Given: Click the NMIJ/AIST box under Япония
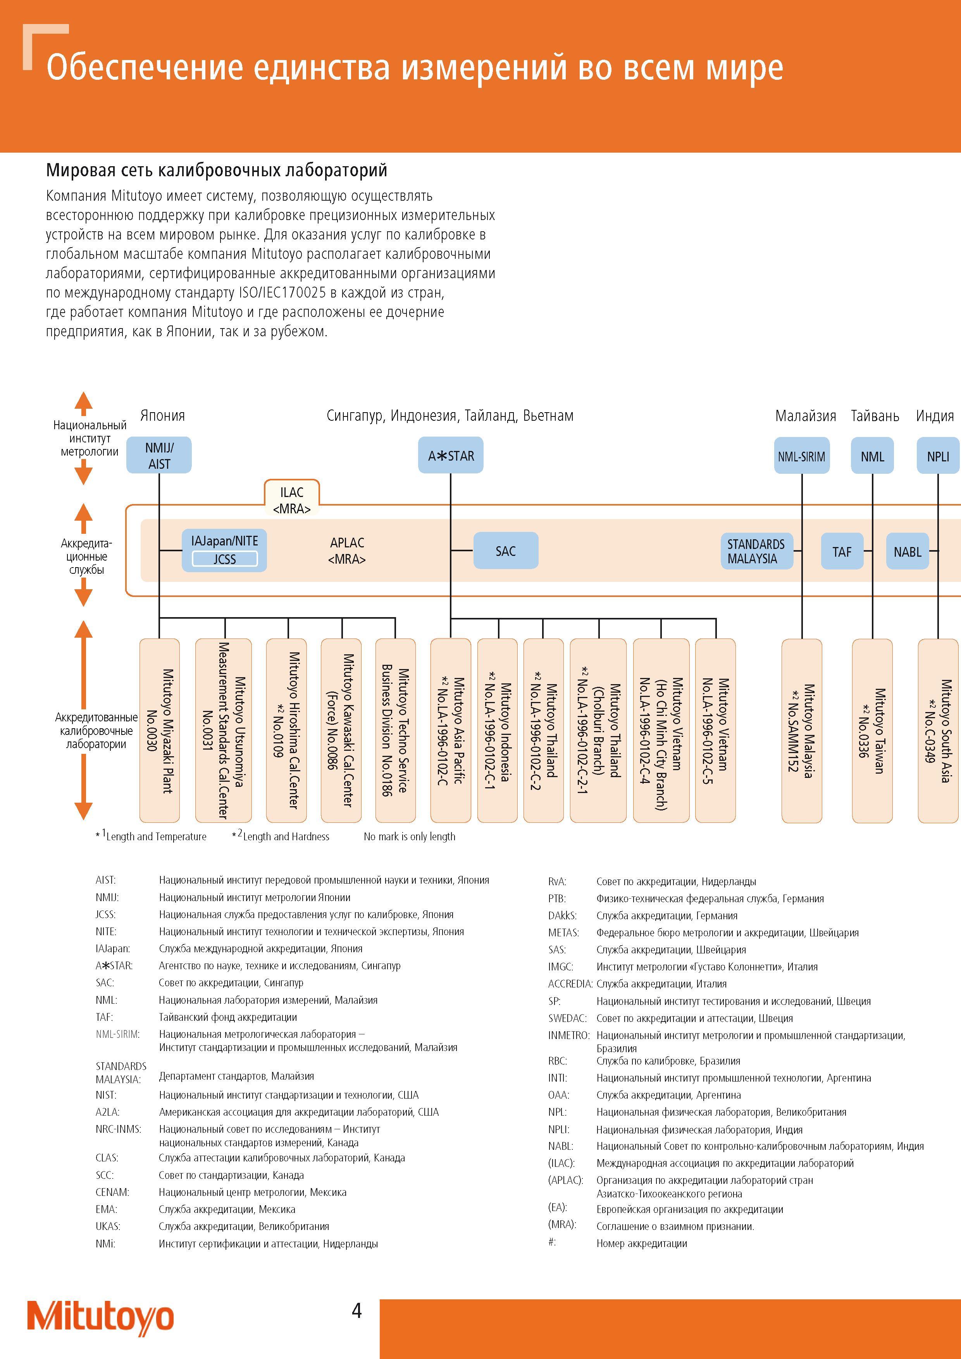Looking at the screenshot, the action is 159,455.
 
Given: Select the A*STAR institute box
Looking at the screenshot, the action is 451,455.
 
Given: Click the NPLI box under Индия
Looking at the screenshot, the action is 938,456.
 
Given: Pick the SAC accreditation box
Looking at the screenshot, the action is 506,550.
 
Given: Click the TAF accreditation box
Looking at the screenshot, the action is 842,551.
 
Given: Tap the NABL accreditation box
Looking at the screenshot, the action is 907,551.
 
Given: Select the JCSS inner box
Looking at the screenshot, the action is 224,559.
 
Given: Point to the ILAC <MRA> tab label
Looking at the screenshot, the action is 291,500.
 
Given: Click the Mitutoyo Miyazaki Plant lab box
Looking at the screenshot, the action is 159,730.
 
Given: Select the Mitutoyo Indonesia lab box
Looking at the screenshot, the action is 498,730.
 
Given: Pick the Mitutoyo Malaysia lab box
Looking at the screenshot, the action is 802,730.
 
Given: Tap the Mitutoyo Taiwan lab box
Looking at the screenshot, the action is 872,730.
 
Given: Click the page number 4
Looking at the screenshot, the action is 356,1311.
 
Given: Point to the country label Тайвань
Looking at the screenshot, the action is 875,416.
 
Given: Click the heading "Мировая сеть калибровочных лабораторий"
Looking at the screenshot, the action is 217,170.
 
